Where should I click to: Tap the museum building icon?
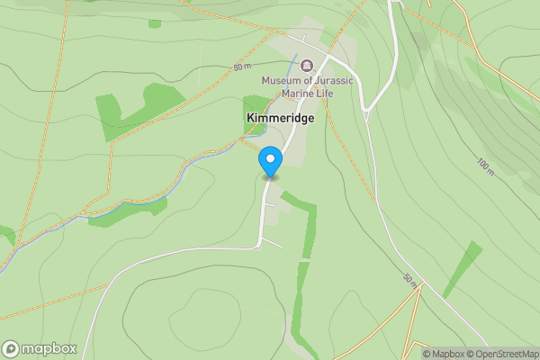[307, 65]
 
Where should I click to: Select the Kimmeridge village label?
[274, 118]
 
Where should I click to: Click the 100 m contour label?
[486, 167]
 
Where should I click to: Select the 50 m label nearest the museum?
[241, 67]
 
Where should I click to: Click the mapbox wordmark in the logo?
[49, 349]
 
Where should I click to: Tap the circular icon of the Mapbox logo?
[11, 349]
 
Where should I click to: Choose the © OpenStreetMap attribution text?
[502, 354]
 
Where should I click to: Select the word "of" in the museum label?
[309, 80]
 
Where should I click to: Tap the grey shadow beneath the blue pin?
[270, 177]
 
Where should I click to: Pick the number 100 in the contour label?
[482, 164]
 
